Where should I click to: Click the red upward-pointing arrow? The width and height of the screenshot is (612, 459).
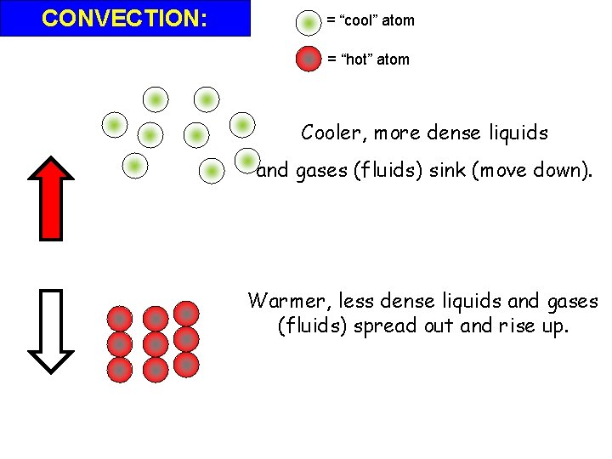pyautogui.click(x=53, y=197)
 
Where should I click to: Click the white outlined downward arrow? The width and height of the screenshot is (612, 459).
pyautogui.click(x=53, y=331)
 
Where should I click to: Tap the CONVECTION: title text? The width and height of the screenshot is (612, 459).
pyautogui.click(x=125, y=18)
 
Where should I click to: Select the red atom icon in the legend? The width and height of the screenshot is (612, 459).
pyautogui.click(x=309, y=59)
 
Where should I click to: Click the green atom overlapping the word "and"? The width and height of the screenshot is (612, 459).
pyautogui.click(x=248, y=161)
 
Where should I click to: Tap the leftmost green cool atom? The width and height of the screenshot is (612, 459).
pyautogui.click(x=113, y=126)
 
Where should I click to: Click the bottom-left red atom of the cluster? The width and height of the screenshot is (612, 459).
pyautogui.click(x=120, y=370)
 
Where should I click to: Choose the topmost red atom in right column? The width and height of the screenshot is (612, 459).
pyautogui.click(x=186, y=314)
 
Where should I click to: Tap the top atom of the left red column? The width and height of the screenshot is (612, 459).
pyautogui.click(x=120, y=319)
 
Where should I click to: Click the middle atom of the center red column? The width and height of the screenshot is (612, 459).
pyautogui.click(x=156, y=344)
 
